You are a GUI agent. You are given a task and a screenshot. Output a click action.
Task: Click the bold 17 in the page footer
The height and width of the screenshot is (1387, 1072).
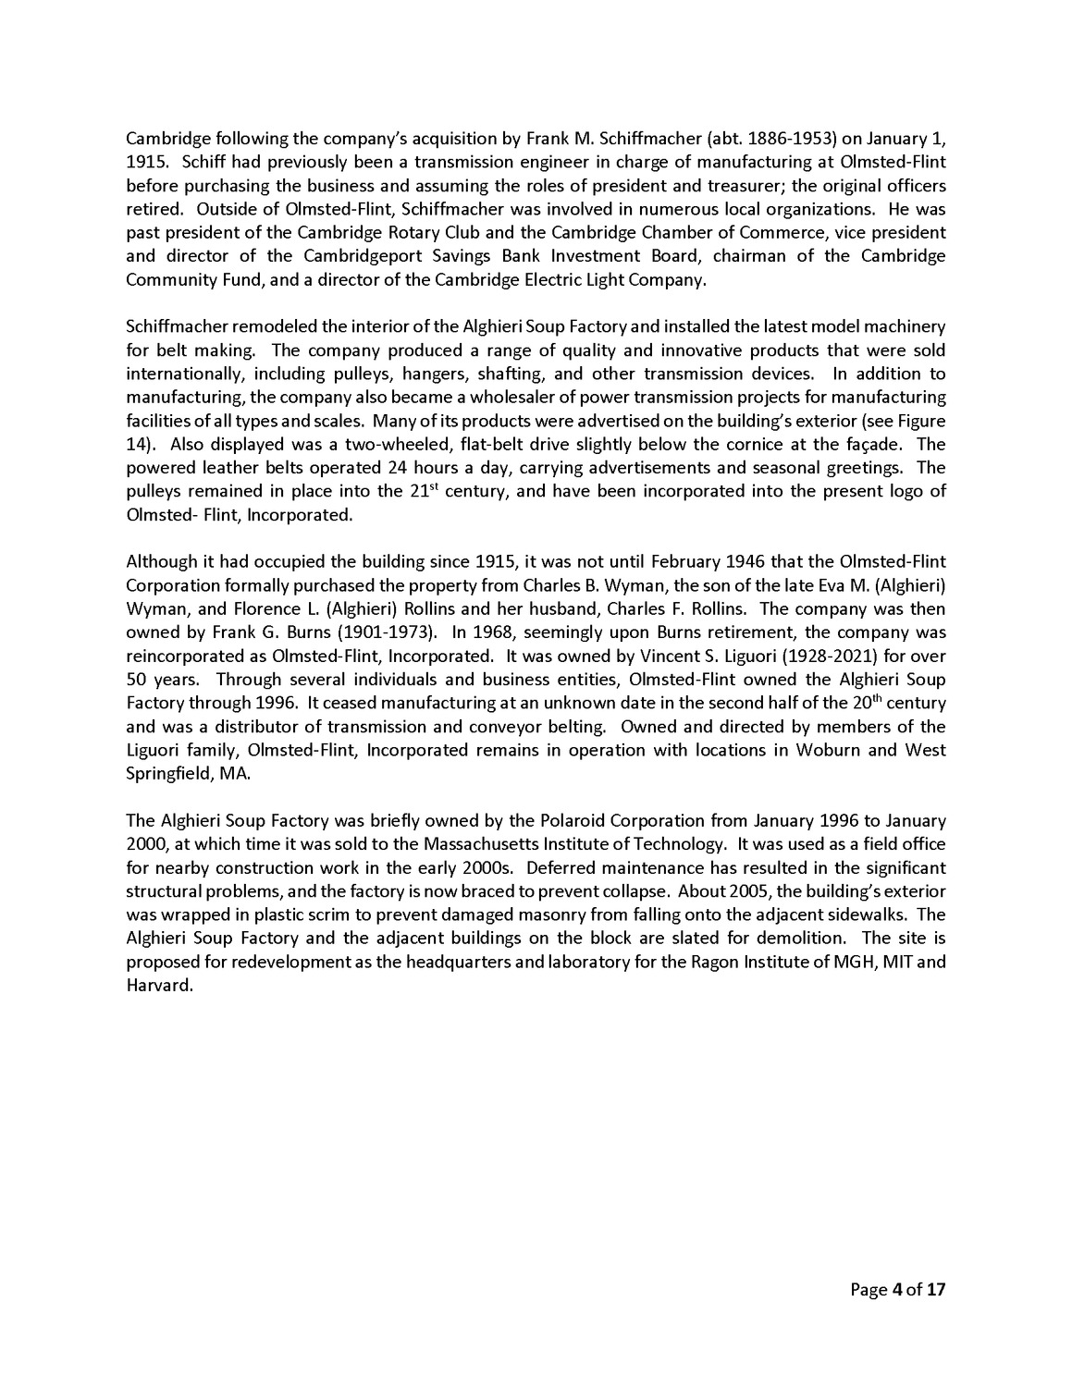(x=936, y=1289)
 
